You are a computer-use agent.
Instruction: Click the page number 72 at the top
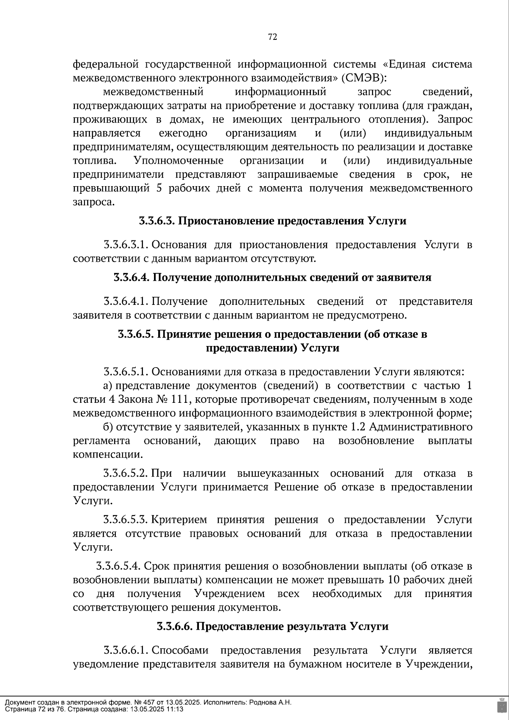tap(272, 37)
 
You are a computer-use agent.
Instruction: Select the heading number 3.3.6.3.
tap(156, 221)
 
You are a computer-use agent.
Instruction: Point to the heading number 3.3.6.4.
tap(131, 278)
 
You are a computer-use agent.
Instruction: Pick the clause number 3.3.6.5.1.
tap(126, 372)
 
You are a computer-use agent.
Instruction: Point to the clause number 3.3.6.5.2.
tap(126, 473)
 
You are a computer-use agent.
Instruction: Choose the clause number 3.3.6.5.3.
tap(126, 520)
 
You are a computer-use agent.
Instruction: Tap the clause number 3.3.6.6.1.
tap(126, 650)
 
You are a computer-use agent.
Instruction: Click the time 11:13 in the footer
tap(175, 709)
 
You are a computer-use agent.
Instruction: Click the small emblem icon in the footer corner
tap(501, 705)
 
